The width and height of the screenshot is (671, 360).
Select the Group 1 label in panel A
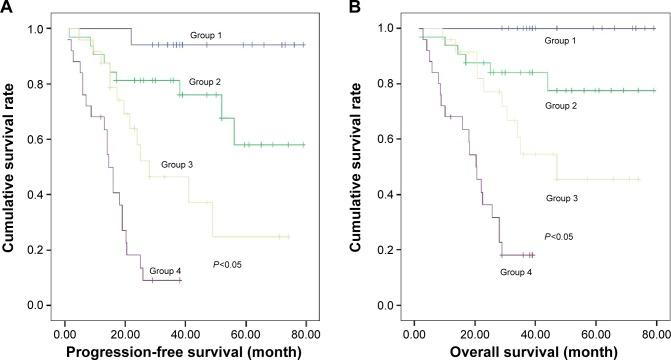coord(208,35)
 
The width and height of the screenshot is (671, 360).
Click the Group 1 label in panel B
coord(563,41)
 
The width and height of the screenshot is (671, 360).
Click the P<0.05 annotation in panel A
coord(229,264)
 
